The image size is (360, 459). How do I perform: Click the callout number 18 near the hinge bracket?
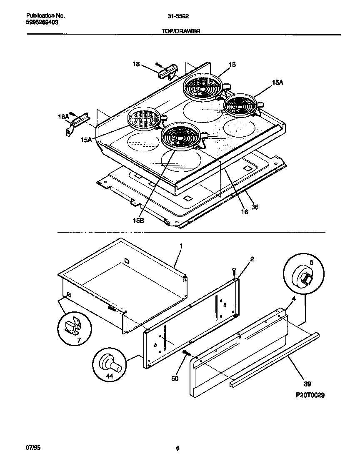tap(136, 64)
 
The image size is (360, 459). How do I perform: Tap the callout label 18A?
tap(63, 118)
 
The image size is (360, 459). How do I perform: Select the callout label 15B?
tap(139, 221)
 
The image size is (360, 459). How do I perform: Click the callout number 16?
tap(244, 212)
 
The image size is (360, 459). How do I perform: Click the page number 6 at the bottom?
tap(177, 448)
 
